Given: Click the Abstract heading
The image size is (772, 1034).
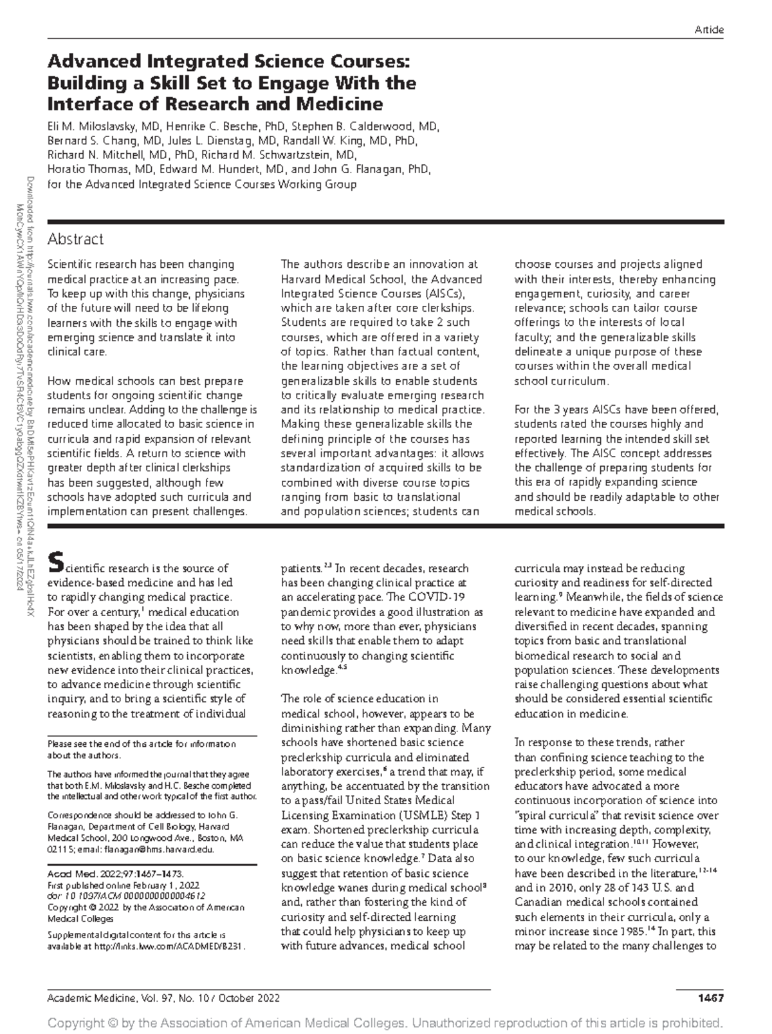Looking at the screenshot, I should pyautogui.click(x=75, y=240).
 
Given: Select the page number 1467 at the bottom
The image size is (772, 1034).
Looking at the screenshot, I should pyautogui.click(x=711, y=998).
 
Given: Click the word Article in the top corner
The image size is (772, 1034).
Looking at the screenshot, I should pyautogui.click(x=710, y=30).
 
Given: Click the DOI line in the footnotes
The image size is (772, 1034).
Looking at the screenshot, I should pyautogui.click(x=127, y=896).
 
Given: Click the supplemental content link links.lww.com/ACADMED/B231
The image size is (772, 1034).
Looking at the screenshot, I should pyautogui.click(x=169, y=946).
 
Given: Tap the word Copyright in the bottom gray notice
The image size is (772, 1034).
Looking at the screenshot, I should pyautogui.click(x=77, y=1022).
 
